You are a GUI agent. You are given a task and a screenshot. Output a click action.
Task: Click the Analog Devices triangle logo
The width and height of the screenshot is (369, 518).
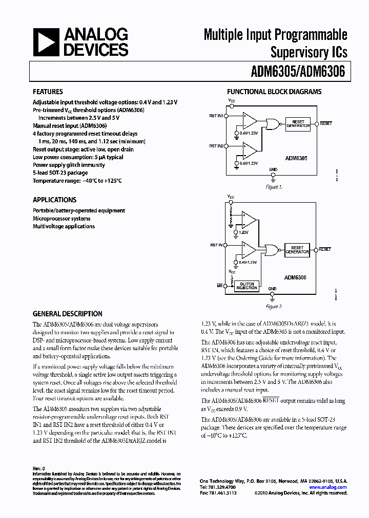pyautogui.click(x=45, y=42)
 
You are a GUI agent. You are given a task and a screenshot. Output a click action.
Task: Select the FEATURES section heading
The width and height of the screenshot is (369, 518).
pyautogui.click(x=48, y=92)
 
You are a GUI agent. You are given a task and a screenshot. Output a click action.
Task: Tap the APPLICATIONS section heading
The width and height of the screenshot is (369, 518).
pyautogui.click(x=55, y=200)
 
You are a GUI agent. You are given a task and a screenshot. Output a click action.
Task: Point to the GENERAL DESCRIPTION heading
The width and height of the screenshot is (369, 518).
pyautogui.click(x=67, y=314)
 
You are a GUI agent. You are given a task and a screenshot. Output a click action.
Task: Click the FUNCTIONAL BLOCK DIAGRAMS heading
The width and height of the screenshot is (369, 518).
pyautogui.click(x=274, y=92)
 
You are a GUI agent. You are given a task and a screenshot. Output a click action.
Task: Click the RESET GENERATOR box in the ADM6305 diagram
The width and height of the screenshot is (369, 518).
pyautogui.click(x=298, y=123)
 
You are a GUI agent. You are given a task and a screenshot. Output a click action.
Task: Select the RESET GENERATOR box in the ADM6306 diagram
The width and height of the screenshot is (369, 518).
pyautogui.click(x=297, y=250)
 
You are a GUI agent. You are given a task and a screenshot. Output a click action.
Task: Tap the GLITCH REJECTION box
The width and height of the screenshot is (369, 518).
pyautogui.click(x=247, y=286)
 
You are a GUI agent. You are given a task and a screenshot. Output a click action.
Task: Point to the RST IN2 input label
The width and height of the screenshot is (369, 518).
pyautogui.click(x=216, y=146)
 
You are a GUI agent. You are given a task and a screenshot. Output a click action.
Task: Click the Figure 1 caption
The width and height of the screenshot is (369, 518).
pyautogui.click(x=274, y=187)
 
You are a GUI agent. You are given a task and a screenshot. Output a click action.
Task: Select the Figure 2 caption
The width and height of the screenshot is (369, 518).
pyautogui.click(x=274, y=307)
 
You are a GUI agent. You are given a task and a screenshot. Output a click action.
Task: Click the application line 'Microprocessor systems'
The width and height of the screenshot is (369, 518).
pyautogui.click(x=61, y=219)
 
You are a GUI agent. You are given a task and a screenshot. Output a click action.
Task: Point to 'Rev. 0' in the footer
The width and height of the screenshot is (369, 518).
pyautogui.click(x=39, y=468)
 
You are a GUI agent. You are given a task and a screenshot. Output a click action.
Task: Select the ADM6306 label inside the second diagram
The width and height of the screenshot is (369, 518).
pyautogui.click(x=295, y=276)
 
